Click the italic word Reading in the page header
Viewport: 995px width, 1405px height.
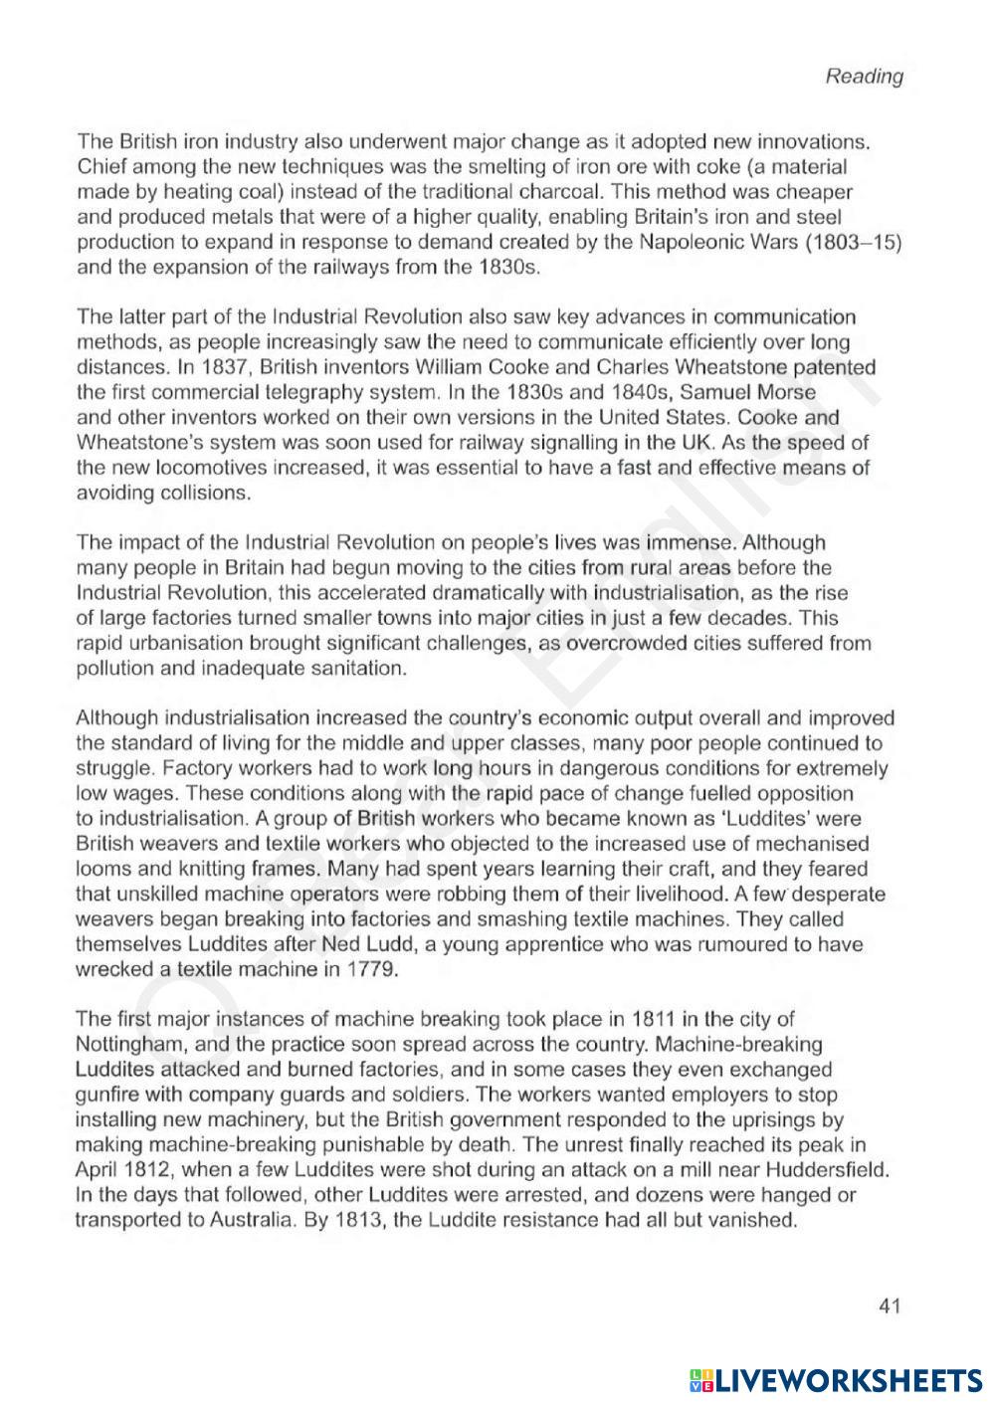point(864,77)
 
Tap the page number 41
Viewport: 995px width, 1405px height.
point(890,1305)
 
